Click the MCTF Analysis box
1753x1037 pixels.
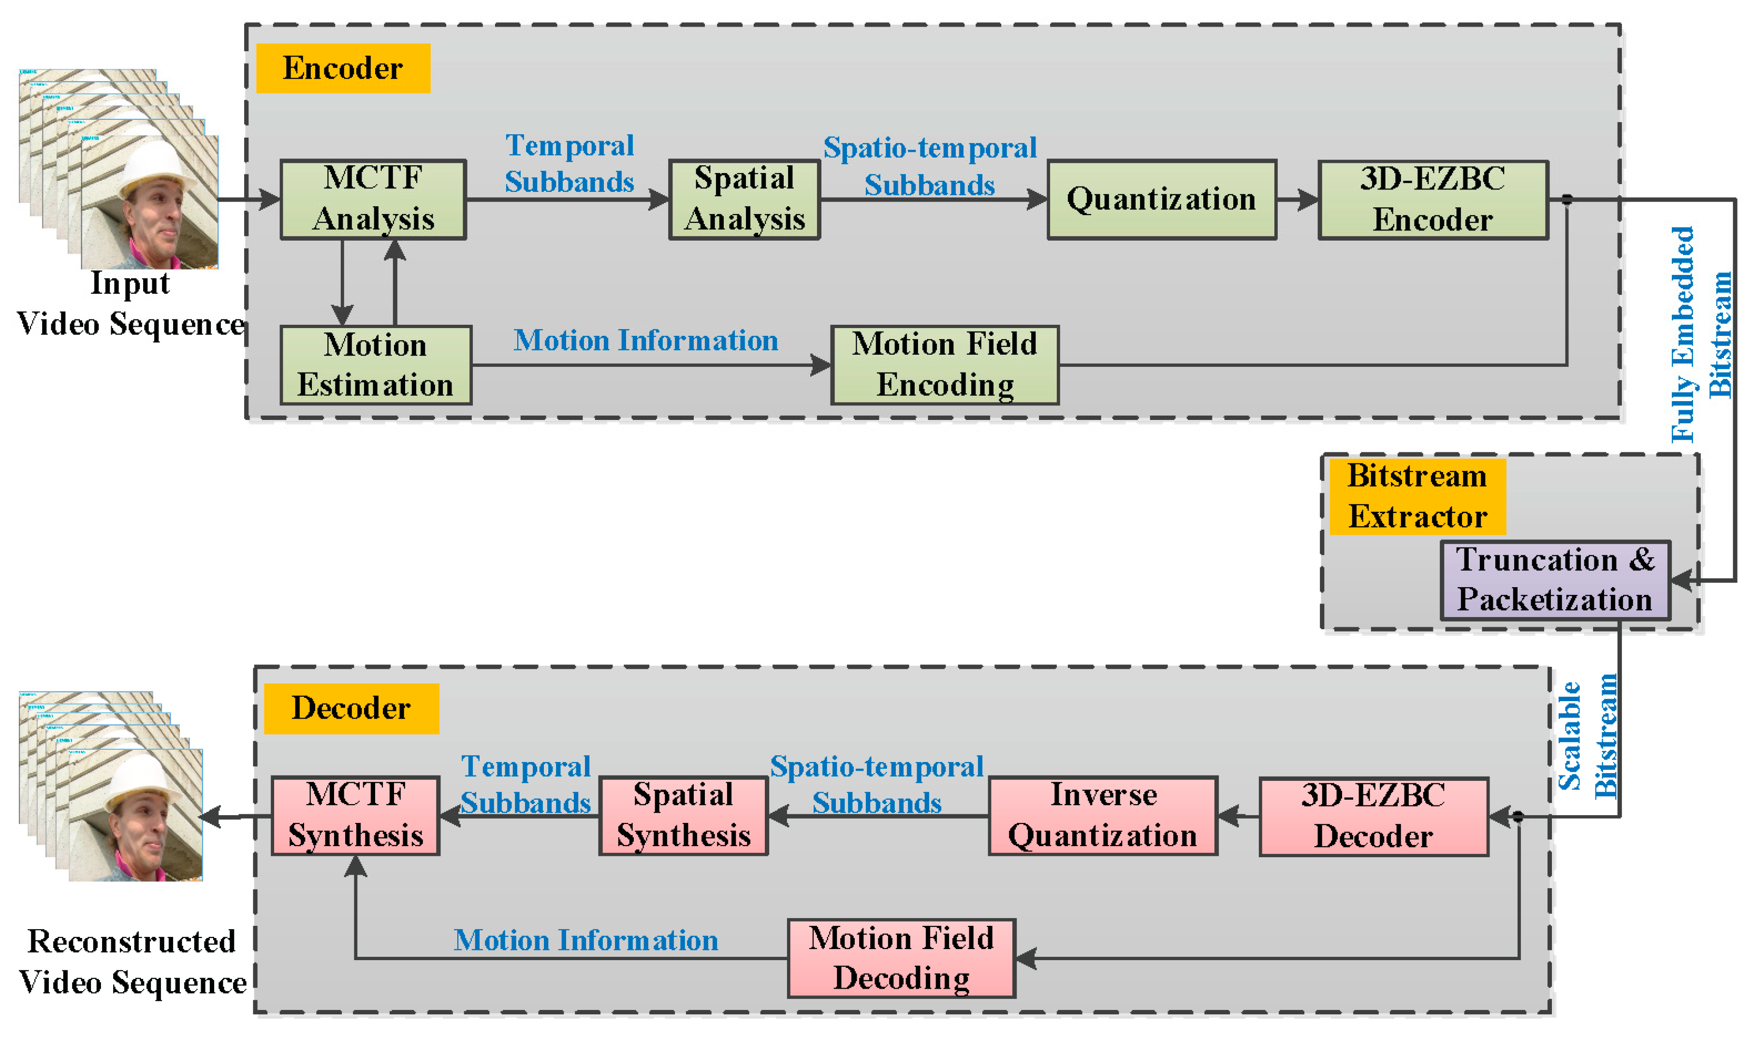point(373,200)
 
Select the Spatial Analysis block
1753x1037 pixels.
point(745,200)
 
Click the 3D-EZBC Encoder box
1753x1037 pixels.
point(1433,200)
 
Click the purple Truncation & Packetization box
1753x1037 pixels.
point(1555,580)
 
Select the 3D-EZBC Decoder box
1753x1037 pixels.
point(1373,816)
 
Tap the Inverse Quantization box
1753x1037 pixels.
point(1103,816)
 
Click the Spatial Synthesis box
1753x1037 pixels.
point(684,816)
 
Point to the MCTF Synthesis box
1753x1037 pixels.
point(356,816)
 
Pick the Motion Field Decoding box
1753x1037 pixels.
point(902,958)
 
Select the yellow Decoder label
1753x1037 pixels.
point(351,708)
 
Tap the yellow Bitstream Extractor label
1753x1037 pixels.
point(1417,496)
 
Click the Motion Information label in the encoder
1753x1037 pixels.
point(646,341)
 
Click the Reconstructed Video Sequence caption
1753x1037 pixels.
point(131,962)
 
